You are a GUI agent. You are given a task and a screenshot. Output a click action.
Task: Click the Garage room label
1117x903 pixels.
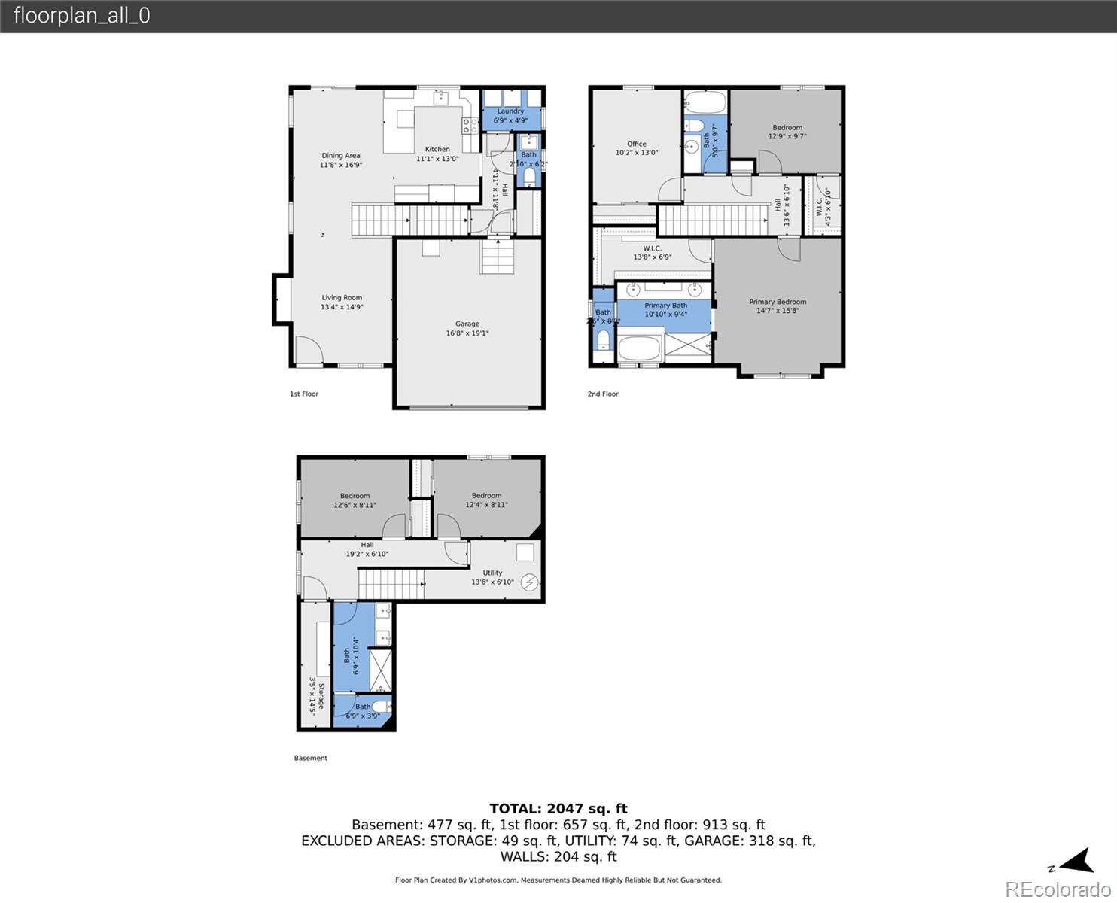tap(467, 328)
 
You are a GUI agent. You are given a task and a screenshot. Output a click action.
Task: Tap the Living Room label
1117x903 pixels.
tap(342, 302)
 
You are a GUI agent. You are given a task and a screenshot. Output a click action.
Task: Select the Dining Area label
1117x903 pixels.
tap(341, 160)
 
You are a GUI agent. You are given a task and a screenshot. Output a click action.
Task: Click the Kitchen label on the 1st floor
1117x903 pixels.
tap(437, 154)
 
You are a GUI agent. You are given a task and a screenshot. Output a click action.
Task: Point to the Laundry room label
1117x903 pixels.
tap(510, 115)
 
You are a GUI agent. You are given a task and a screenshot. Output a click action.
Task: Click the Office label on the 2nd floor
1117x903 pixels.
tap(637, 148)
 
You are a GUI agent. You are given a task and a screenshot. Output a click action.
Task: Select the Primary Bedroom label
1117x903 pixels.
tap(778, 306)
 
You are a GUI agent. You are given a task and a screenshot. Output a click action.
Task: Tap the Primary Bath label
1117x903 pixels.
tap(665, 309)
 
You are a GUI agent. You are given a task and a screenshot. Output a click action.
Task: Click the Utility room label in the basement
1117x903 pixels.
tap(492, 577)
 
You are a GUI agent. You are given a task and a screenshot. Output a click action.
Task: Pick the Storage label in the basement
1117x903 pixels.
tap(317, 697)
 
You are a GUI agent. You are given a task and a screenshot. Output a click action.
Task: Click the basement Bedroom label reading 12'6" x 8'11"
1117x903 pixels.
tap(355, 500)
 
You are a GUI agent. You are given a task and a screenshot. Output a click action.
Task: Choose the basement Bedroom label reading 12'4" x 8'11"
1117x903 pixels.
tap(486, 500)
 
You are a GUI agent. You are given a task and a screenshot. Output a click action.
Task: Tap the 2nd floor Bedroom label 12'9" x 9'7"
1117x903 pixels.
tap(787, 132)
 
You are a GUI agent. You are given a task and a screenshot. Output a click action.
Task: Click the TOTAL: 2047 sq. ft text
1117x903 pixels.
tap(558, 809)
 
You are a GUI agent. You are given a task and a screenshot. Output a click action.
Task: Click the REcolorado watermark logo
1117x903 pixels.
tap(1057, 889)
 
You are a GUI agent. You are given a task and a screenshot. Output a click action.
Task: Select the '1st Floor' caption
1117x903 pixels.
tap(304, 394)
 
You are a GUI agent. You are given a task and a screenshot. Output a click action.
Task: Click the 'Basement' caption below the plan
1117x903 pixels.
tap(310, 758)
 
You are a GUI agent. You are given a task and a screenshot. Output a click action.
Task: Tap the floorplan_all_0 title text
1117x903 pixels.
tap(81, 16)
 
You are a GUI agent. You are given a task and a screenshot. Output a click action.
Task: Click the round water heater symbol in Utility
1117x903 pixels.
tap(530, 582)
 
